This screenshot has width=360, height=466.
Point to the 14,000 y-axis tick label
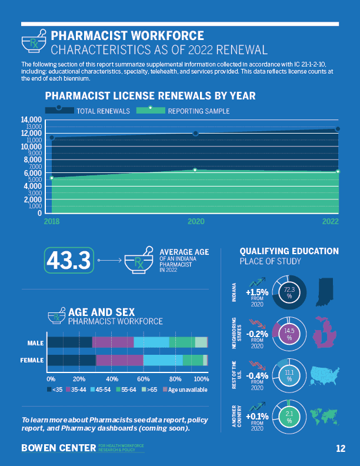[x=32, y=120]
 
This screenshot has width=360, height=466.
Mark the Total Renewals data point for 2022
[x=338, y=129]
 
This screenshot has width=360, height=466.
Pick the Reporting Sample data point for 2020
[x=195, y=170]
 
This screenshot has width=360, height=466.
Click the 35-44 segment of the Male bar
[x=113, y=342]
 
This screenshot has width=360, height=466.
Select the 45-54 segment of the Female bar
[x=163, y=361]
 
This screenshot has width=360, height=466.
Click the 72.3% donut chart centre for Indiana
[x=289, y=292]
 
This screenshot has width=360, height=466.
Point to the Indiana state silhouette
[x=326, y=292]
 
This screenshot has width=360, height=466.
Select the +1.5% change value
[x=257, y=292]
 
